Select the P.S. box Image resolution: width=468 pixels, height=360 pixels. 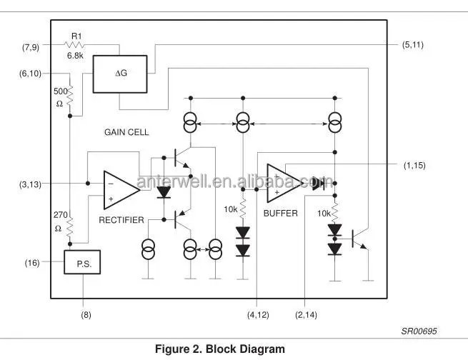(83, 262)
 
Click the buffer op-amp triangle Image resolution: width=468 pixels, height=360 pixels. (284, 184)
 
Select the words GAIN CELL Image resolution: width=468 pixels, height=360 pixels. (126, 133)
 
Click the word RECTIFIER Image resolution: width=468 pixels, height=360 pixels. (121, 219)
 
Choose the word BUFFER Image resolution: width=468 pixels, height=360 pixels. (280, 214)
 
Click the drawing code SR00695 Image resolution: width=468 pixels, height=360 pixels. (419, 331)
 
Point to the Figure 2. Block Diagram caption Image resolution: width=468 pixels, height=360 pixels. (220, 350)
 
